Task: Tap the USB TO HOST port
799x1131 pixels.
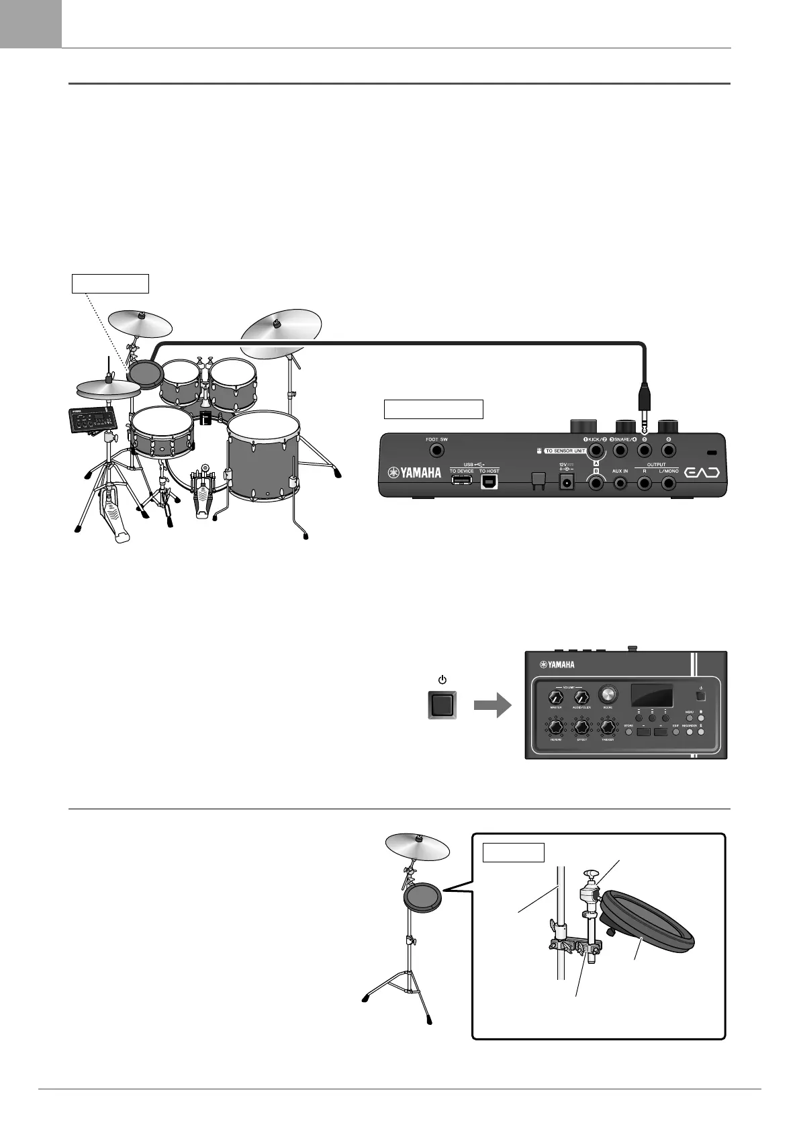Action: pyautogui.click(x=489, y=482)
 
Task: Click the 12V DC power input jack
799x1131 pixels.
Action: pyautogui.click(x=565, y=482)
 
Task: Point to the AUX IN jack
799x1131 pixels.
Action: pyautogui.click(x=620, y=483)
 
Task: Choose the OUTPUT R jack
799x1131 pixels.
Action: pyautogui.click(x=645, y=483)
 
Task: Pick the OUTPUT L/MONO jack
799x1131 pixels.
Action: pyautogui.click(x=669, y=483)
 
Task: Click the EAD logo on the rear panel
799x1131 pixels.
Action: pyautogui.click(x=702, y=472)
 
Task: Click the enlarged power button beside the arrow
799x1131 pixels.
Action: pyautogui.click(x=442, y=705)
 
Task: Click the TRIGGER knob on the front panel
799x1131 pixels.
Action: pyautogui.click(x=608, y=728)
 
